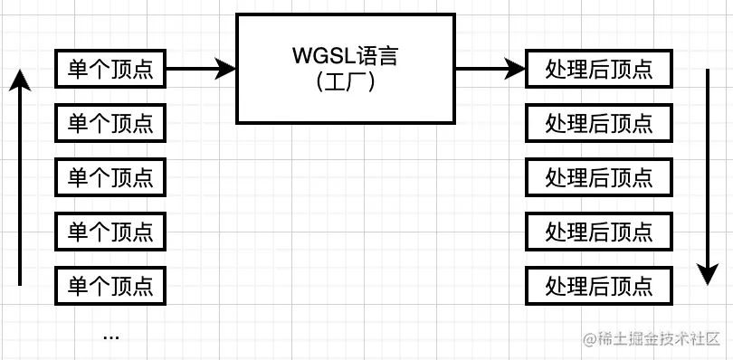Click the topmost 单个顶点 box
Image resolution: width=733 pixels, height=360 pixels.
[x=110, y=69]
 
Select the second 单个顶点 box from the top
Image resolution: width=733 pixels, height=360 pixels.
[x=110, y=123]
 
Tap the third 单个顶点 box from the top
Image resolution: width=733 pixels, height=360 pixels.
[x=110, y=177]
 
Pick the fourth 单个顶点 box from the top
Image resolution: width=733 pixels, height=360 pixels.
[x=110, y=232]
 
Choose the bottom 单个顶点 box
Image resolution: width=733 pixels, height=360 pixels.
[x=110, y=286]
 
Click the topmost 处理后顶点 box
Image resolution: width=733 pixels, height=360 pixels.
[x=599, y=69]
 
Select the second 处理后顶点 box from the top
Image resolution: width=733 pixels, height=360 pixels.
[x=599, y=123]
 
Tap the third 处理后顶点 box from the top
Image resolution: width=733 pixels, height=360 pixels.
[x=599, y=177]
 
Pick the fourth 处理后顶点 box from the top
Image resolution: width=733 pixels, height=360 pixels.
[x=599, y=232]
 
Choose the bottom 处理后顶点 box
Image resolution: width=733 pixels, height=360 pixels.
[x=599, y=286]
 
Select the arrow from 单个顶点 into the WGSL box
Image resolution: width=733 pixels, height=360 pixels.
[x=199, y=69]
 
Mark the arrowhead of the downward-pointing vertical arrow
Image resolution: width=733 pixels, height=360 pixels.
[x=708, y=273]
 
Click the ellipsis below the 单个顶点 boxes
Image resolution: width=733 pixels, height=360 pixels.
[x=110, y=336]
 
